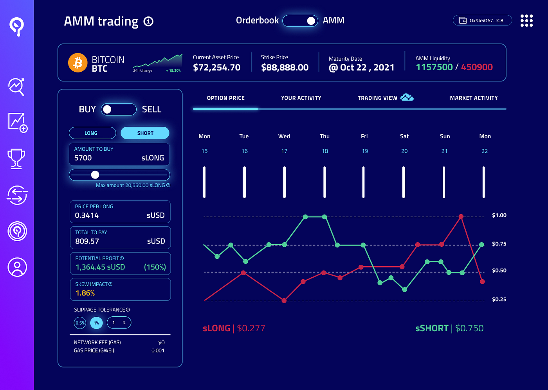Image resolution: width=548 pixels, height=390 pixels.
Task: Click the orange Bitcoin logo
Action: (x=78, y=63)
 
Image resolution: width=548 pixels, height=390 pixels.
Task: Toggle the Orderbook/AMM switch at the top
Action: (x=300, y=21)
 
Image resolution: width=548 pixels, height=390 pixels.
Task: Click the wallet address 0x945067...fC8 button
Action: (x=482, y=20)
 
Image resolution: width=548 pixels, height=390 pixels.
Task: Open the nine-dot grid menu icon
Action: (x=527, y=20)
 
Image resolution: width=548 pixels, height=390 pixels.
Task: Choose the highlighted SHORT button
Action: (x=145, y=133)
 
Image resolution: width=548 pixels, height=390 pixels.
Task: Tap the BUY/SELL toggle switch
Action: (x=119, y=109)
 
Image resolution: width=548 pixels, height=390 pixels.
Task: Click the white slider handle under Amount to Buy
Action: (x=95, y=175)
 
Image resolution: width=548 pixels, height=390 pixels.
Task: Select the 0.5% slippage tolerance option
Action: (x=80, y=323)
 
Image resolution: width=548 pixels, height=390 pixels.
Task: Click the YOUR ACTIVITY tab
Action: (x=301, y=98)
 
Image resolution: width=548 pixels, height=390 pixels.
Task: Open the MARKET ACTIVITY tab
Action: (x=474, y=98)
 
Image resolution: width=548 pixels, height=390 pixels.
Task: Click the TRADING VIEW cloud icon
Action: (x=407, y=97)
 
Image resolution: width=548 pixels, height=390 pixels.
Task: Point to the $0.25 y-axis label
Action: (x=499, y=299)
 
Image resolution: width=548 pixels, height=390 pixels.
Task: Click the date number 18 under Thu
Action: (x=325, y=151)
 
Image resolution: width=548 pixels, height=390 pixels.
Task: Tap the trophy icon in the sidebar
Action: (x=16, y=159)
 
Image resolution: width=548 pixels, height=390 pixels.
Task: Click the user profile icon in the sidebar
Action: (x=17, y=267)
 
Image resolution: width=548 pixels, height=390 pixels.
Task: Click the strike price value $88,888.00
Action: (x=285, y=67)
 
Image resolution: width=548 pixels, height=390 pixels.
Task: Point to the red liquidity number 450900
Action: (x=477, y=67)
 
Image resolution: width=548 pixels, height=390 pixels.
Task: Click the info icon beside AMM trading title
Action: (x=148, y=22)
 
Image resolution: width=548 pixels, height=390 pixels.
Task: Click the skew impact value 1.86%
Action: (x=85, y=293)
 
